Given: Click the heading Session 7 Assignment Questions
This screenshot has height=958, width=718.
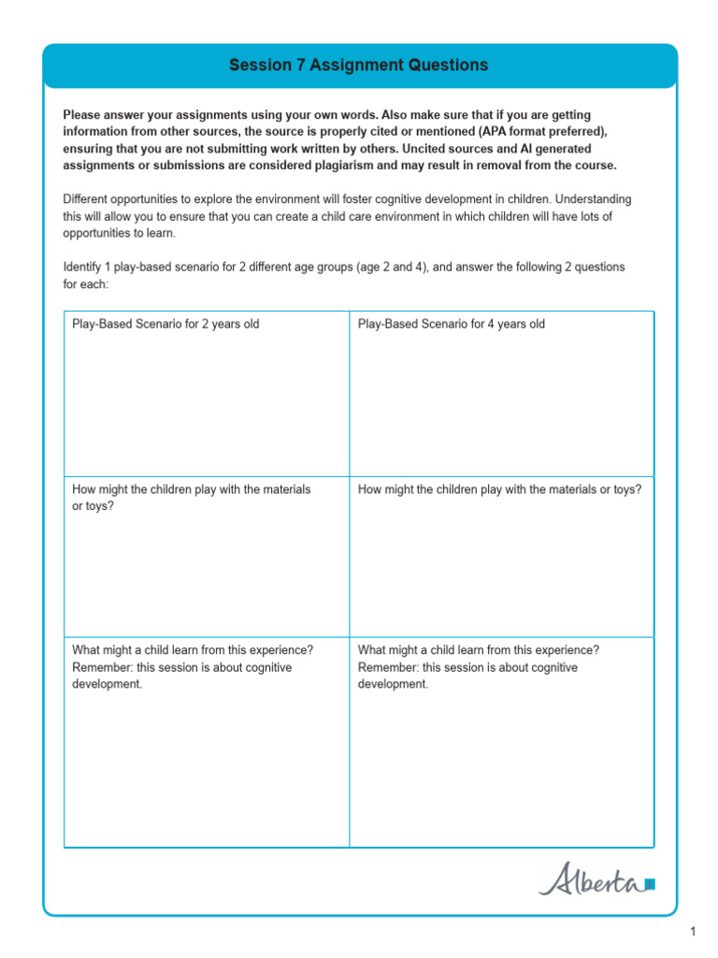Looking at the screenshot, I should click(x=359, y=65).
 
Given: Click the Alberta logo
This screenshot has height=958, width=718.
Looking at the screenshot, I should click(x=591, y=880).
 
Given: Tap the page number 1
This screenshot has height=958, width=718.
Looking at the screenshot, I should click(x=693, y=931).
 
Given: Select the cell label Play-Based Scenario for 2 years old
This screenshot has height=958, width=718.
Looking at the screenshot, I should click(x=165, y=324).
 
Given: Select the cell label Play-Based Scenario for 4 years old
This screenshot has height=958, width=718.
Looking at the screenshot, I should click(x=451, y=324).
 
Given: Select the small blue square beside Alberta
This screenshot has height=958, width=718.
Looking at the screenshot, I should click(x=651, y=882).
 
